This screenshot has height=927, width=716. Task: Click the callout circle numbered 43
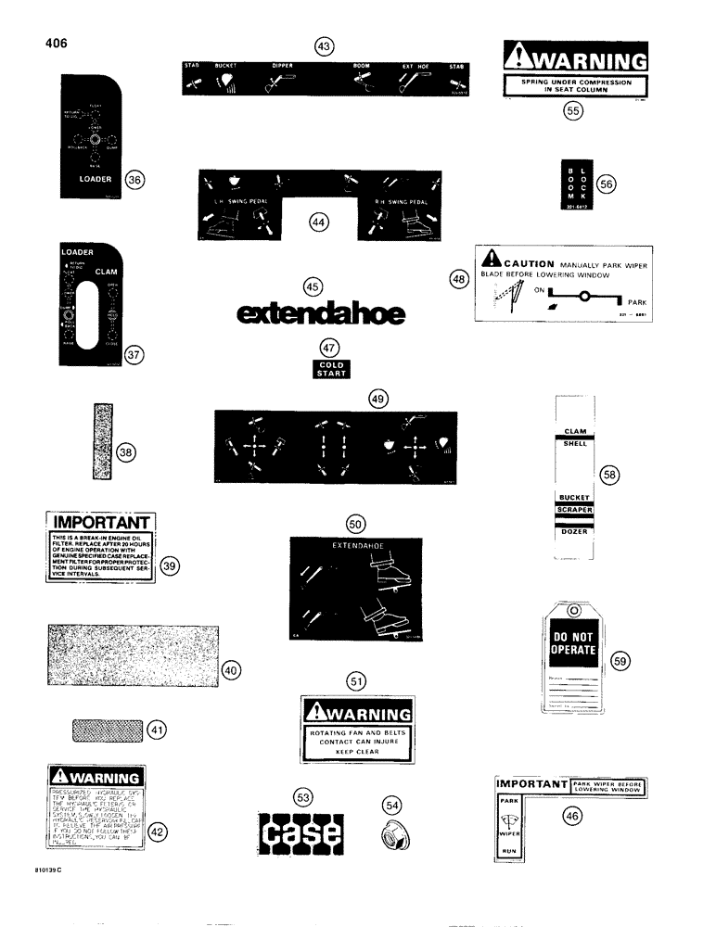[324, 44]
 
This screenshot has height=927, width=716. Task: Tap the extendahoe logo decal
[322, 315]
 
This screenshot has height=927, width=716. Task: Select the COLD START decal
[331, 370]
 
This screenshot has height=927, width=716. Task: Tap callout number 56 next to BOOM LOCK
[606, 184]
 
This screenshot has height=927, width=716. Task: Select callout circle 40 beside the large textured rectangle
[231, 670]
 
